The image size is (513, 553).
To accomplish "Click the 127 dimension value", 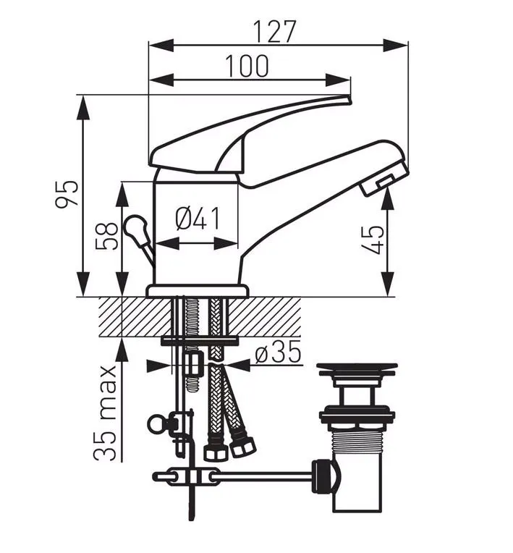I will [x=275, y=31].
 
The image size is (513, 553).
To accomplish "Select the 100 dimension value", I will [x=246, y=66].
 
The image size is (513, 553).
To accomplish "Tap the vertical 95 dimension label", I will [x=67, y=193].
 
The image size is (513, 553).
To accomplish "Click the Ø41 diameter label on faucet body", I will [x=197, y=219].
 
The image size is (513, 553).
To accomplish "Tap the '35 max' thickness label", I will [x=106, y=413].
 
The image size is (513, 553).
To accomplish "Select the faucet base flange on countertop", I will [x=197, y=291].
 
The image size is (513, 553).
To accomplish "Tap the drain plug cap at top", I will [x=357, y=368].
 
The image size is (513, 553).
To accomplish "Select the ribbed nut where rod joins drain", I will [x=326, y=477].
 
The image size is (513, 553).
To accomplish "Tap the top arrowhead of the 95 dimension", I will [x=84, y=104].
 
